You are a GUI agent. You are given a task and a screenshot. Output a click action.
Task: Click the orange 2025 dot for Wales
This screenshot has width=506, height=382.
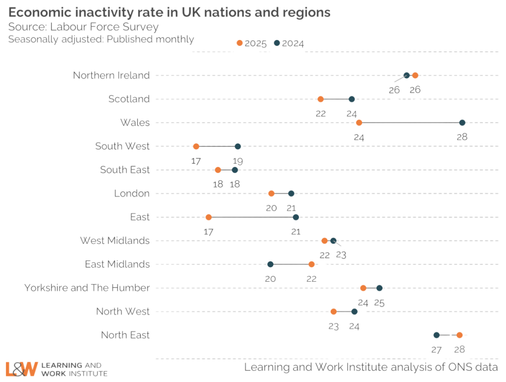coord(359,123)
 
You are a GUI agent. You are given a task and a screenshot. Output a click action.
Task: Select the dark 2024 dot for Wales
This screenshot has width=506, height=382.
coord(462,123)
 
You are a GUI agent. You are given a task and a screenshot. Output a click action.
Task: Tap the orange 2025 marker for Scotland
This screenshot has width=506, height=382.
coord(321,99)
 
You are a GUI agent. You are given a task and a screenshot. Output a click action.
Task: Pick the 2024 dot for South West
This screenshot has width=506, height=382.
coord(238,146)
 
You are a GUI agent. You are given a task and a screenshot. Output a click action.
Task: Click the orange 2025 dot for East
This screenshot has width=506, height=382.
coord(209,217)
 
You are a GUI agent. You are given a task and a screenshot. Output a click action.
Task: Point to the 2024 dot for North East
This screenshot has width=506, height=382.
coord(436,336)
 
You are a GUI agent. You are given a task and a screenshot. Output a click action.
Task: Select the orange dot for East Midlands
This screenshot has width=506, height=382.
coord(311,264)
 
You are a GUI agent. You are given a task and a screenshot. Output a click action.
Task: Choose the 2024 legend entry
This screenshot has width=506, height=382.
coord(289,43)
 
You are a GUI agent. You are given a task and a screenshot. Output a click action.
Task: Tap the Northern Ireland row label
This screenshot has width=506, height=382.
coord(111,76)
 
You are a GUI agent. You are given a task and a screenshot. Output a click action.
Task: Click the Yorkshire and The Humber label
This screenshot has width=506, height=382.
coord(87,288)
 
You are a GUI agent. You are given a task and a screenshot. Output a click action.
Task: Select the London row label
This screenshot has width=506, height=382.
coord(131,193)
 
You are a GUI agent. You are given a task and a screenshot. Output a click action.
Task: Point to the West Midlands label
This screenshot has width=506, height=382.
coord(115,241)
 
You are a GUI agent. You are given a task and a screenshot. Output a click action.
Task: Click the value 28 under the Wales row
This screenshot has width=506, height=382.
coord(462,137)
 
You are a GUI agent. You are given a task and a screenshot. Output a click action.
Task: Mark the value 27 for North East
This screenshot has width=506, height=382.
coord(436,349)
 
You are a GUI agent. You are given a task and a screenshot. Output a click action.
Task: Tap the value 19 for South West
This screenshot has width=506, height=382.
coord(238,161)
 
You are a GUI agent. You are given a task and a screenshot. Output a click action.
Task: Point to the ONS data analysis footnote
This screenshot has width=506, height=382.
coord(371,367)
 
